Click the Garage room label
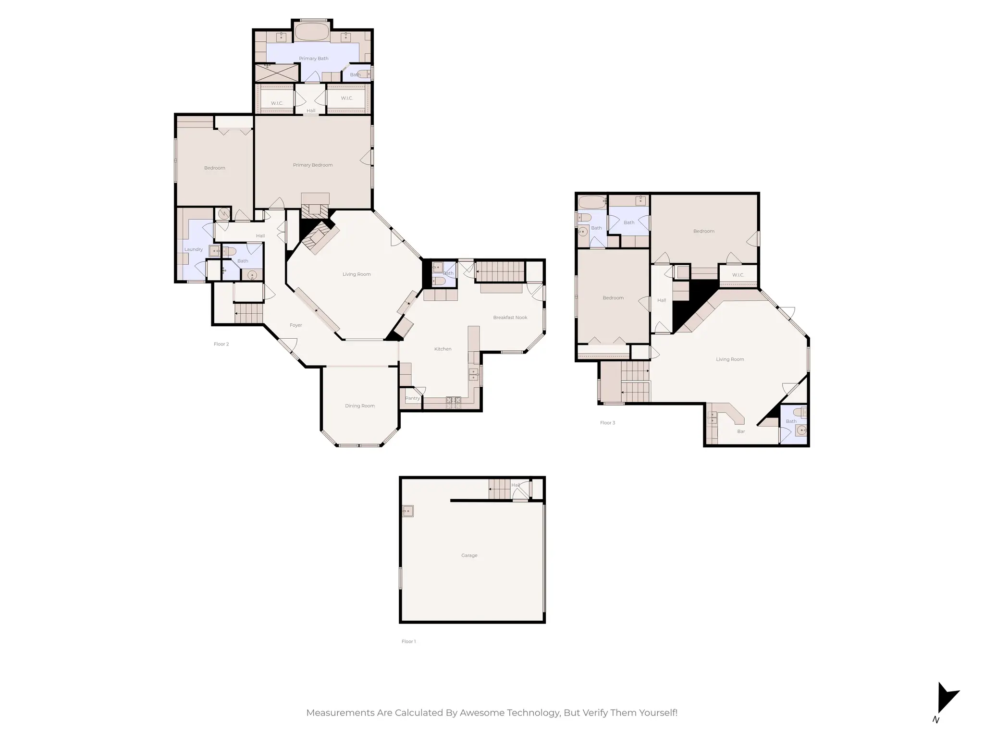pos(469,555)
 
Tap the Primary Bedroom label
pos(313,165)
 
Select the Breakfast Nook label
pos(510,318)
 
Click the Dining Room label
pos(359,406)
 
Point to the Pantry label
pos(412,398)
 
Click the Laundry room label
pos(193,249)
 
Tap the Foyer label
pos(295,325)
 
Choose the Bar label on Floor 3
pos(741,431)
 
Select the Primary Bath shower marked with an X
pos(276,73)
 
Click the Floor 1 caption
pos(408,641)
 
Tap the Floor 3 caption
pos(607,423)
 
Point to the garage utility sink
pos(408,511)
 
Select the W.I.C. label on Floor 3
pos(738,275)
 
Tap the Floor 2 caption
pos(221,344)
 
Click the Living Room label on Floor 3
pos(729,359)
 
